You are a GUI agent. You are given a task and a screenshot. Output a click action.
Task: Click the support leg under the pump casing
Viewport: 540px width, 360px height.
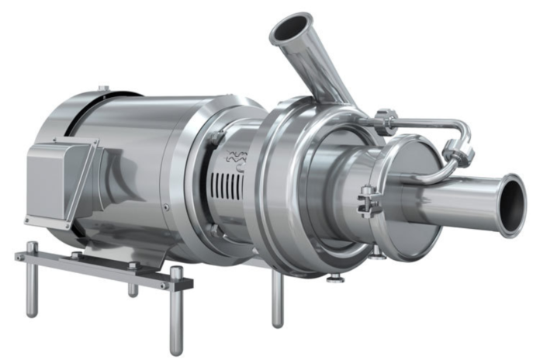click(277, 299)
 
